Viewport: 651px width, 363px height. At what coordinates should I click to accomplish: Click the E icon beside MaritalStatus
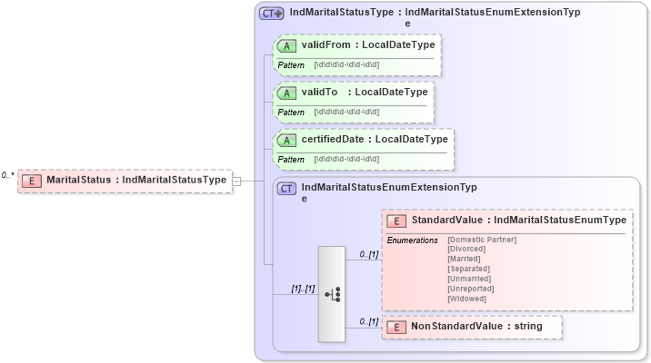coord(33,180)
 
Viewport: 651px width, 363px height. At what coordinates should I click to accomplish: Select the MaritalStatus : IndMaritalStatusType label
coord(136,180)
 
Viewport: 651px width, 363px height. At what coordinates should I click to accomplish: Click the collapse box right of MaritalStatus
coord(236,181)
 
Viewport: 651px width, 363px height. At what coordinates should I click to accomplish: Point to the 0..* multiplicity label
coord(8,175)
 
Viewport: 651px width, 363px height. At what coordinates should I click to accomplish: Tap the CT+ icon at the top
coord(272,14)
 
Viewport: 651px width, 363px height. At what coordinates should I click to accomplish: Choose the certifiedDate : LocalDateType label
coord(375,139)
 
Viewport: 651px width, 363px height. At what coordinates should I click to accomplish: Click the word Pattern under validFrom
coord(291,64)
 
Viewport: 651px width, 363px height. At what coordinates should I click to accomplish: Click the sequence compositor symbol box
coord(332,293)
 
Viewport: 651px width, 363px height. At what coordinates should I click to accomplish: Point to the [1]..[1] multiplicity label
coord(303,289)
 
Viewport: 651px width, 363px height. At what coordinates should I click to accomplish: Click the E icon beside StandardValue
coord(396,221)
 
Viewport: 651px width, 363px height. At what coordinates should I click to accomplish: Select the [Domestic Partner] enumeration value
coord(482,240)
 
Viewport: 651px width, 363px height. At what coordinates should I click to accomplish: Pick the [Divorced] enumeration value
coord(466,250)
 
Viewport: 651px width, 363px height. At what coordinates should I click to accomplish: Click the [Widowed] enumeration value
coord(466,299)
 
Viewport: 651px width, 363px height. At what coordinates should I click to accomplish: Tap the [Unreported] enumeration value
coord(471,289)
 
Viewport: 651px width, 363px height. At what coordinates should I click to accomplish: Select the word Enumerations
coord(413,240)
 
